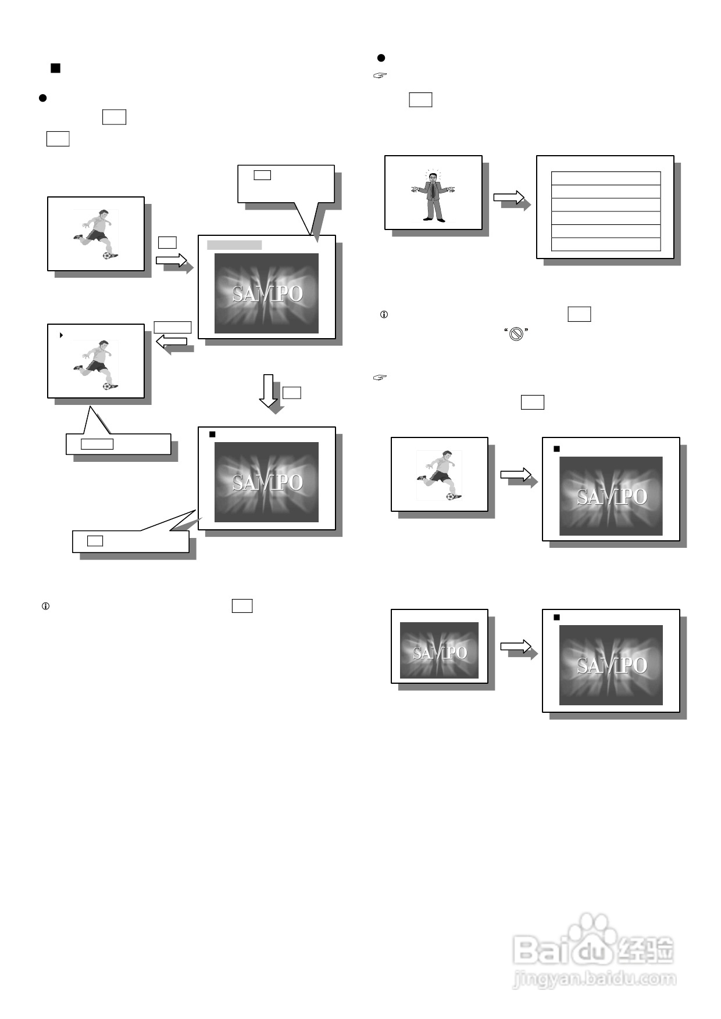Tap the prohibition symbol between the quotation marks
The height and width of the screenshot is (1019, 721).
pyautogui.click(x=516, y=333)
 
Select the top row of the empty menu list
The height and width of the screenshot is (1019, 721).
pyautogui.click(x=605, y=178)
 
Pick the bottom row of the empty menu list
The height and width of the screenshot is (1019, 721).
pyautogui.click(x=605, y=245)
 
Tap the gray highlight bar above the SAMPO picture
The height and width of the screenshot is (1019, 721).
pyautogui.click(x=234, y=245)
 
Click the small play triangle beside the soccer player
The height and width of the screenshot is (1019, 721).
pyautogui.click(x=62, y=335)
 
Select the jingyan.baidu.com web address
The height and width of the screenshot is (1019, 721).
pyautogui.click(x=594, y=979)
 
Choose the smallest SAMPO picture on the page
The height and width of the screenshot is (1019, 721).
pyautogui.click(x=439, y=650)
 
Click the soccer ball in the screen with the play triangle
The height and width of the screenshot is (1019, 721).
pyautogui.click(x=106, y=386)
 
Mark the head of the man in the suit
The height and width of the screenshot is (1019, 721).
pyautogui.click(x=433, y=177)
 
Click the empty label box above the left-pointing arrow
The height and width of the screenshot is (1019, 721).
pyautogui.click(x=173, y=327)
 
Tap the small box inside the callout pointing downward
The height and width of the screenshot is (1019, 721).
pyautogui.click(x=262, y=175)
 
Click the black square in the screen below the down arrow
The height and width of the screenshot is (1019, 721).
pyautogui.click(x=212, y=434)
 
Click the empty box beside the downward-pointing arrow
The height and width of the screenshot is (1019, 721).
pyautogui.click(x=291, y=393)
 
